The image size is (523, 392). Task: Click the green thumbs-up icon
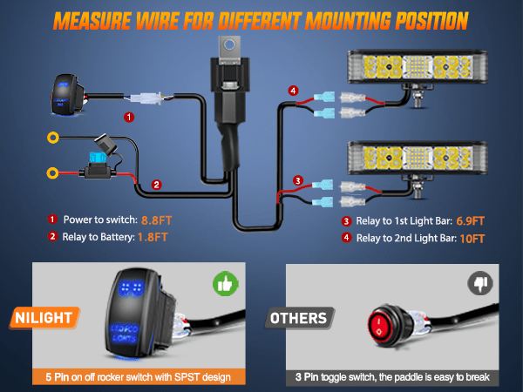(226, 284)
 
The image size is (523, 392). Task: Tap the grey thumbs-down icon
(480, 283)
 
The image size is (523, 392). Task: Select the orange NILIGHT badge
(44, 318)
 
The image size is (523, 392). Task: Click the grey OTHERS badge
(299, 318)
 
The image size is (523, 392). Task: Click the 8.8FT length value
(156, 220)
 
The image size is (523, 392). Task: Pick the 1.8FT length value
(153, 237)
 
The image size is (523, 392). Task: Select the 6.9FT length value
(471, 221)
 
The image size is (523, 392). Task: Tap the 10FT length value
(472, 239)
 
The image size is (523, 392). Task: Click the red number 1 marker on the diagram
(129, 117)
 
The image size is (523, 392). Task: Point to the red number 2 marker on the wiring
(156, 185)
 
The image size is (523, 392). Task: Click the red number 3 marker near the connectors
(298, 180)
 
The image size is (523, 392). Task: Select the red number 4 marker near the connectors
(293, 91)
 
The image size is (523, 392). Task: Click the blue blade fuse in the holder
(98, 157)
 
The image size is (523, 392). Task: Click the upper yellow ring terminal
(52, 137)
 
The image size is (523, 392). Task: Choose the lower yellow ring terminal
(52, 173)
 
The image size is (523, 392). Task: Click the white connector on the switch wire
(146, 98)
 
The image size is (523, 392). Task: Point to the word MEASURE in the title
(92, 21)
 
